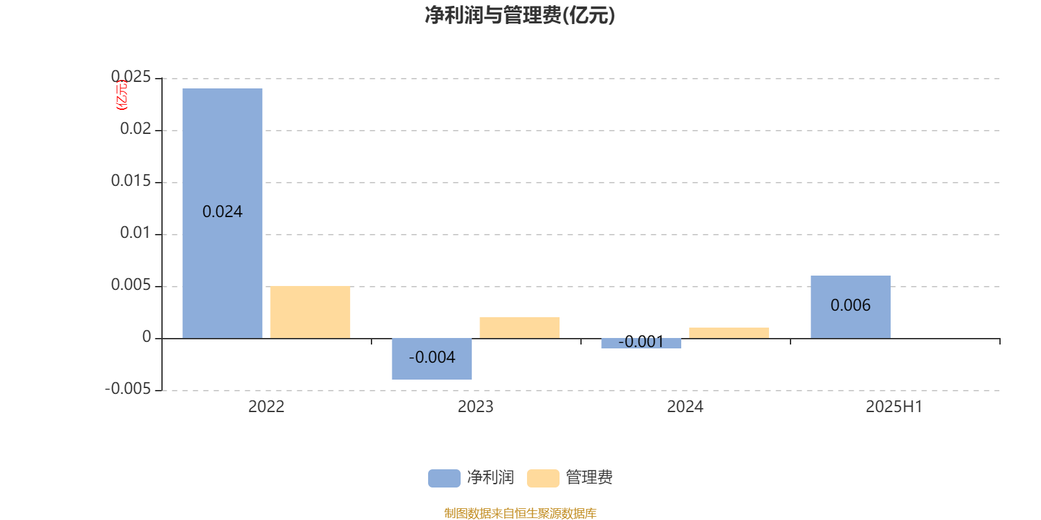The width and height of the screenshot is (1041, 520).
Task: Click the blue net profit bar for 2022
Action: (222, 213)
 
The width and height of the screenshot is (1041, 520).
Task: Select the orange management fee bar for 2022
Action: (310, 312)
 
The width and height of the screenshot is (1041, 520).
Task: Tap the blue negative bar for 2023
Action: (432, 359)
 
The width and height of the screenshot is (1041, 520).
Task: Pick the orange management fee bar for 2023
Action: (520, 328)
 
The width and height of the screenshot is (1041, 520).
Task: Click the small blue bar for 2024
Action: (642, 344)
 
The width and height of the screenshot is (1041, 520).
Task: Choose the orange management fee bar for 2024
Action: (729, 333)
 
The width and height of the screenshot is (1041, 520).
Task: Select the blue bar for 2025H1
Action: (851, 307)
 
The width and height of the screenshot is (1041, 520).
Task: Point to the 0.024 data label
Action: (222, 212)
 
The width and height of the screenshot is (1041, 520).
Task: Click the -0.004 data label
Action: (432, 357)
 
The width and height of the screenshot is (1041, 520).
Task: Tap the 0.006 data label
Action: (850, 305)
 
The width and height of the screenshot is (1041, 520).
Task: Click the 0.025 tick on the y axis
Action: (131, 77)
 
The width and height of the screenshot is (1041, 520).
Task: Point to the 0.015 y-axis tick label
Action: (131, 181)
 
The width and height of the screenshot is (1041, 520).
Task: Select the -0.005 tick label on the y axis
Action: (128, 389)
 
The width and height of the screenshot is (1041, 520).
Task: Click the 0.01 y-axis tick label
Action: (136, 233)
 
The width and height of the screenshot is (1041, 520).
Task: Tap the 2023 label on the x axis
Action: (476, 407)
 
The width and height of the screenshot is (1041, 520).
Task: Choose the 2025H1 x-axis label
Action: (894, 407)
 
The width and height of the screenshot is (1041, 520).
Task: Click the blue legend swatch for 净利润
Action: (444, 478)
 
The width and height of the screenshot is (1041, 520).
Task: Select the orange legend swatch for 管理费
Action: (543, 478)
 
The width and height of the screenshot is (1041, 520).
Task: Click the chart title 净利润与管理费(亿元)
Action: (520, 16)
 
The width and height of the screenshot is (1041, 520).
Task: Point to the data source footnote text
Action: (520, 513)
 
